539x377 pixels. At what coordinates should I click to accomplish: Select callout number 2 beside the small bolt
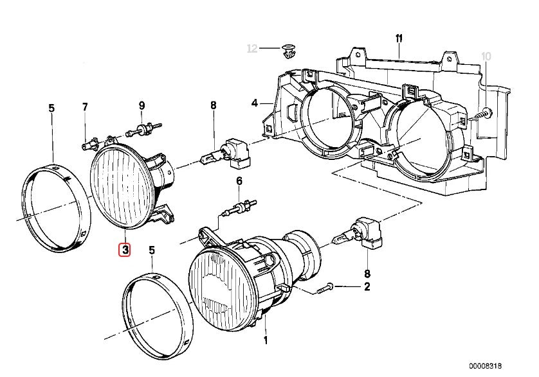tap(367, 287)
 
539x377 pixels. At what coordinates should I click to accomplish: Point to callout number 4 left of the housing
tap(255, 103)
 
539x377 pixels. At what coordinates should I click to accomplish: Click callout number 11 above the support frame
tap(399, 39)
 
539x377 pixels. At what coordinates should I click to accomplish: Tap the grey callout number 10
tap(486, 57)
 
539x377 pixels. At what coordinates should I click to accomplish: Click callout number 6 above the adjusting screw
tap(239, 182)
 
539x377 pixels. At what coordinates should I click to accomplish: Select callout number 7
tap(84, 106)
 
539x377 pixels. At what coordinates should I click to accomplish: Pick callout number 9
tap(142, 105)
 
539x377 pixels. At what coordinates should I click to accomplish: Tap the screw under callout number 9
tap(143, 130)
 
